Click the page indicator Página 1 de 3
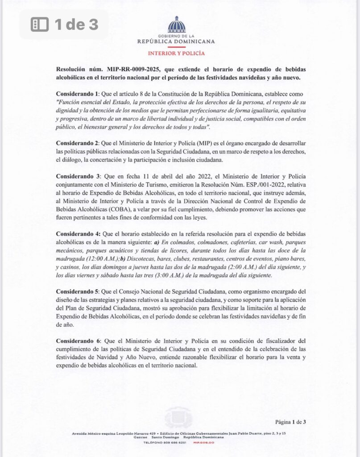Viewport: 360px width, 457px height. (290, 421)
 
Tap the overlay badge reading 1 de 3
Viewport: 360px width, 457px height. (64, 25)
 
